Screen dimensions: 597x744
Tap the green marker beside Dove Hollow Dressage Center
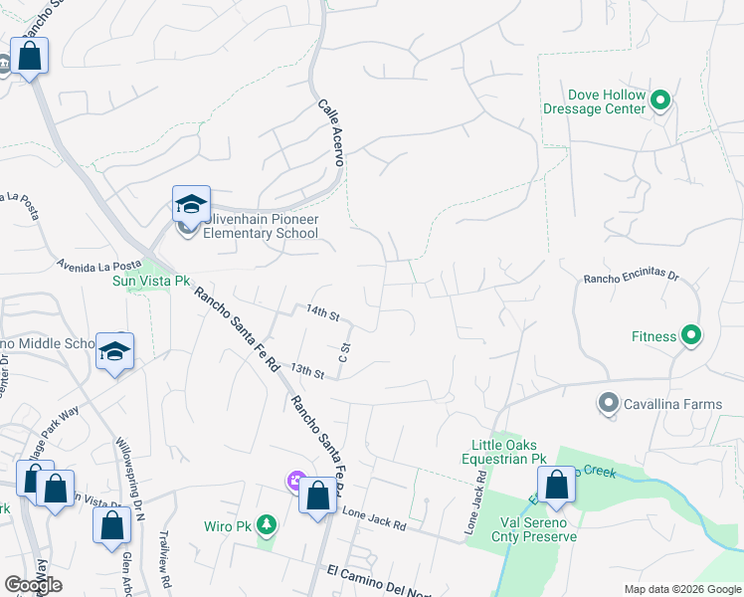pyautogui.click(x=661, y=99)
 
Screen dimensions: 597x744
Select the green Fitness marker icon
pyautogui.click(x=690, y=336)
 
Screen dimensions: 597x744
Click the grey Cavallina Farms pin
pyautogui.click(x=608, y=403)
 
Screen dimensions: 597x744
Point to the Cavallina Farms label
pyautogui.click(x=672, y=403)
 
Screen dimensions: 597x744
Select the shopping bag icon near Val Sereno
pyautogui.click(x=558, y=486)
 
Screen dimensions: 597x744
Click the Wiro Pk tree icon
pyautogui.click(x=266, y=524)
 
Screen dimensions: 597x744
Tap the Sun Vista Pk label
pyautogui.click(x=149, y=282)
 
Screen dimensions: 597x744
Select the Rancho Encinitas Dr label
pyautogui.click(x=630, y=279)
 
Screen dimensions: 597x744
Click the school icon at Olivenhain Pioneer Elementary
pyautogui.click(x=190, y=205)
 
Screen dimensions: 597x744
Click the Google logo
pyautogui.click(x=33, y=585)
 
